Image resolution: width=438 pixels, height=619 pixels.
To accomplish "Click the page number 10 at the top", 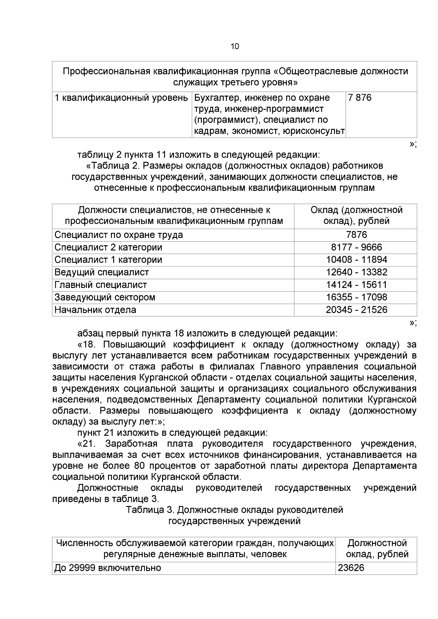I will pyautogui.click(x=235, y=47).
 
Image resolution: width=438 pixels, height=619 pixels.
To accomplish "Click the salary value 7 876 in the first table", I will pyautogui.click(x=360, y=98).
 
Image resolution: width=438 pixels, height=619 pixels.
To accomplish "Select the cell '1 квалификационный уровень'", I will pyautogui.click(x=121, y=98).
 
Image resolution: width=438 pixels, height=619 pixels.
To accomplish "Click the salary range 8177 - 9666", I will pyautogui.click(x=356, y=247).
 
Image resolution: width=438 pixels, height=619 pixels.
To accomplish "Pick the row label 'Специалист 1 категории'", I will pyautogui.click(x=108, y=259).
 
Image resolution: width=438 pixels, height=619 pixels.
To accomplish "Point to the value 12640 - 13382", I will pyautogui.click(x=356, y=272).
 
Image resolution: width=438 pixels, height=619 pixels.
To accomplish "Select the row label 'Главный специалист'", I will pyautogui.click(x=101, y=285).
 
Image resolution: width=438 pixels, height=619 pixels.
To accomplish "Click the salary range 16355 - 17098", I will pyautogui.click(x=356, y=297).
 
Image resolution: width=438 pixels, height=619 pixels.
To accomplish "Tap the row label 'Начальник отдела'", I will pyautogui.click(x=95, y=309).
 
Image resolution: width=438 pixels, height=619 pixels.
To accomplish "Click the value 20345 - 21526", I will pyautogui.click(x=356, y=309).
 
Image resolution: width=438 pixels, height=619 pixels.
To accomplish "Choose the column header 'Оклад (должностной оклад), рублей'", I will pyautogui.click(x=356, y=215).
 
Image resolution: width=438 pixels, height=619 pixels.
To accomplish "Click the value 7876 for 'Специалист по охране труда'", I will pyautogui.click(x=357, y=235).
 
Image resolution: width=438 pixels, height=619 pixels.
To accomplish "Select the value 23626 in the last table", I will pyautogui.click(x=351, y=568).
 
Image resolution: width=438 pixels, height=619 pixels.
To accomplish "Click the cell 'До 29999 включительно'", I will pyautogui.click(x=108, y=568).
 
